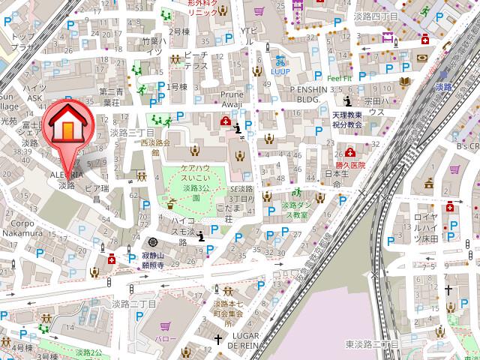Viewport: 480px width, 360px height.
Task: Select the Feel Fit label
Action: [x=339, y=77]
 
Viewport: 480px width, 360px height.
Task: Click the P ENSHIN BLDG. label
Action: [x=300, y=93]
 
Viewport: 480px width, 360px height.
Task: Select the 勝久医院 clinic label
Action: [x=350, y=165]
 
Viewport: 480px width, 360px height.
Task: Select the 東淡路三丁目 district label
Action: [x=372, y=343]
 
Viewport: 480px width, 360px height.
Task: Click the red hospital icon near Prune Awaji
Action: [x=224, y=121]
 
